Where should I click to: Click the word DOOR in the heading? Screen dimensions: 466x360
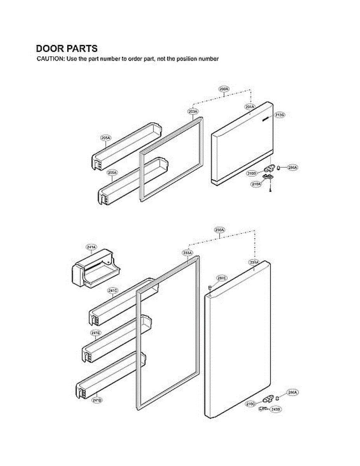click(x=50, y=49)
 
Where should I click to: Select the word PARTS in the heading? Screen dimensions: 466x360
click(x=82, y=49)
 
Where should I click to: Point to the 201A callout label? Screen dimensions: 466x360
click(x=250, y=106)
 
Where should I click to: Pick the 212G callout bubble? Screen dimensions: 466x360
click(x=280, y=115)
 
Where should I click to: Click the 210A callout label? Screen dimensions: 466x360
click(x=256, y=184)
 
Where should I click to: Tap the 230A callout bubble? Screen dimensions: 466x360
click(x=219, y=230)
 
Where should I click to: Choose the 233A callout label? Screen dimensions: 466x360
click(x=187, y=253)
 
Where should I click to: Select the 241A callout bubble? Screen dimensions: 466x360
click(x=91, y=247)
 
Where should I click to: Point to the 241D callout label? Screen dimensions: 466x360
click(x=97, y=400)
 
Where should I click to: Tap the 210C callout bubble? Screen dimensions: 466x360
click(x=251, y=404)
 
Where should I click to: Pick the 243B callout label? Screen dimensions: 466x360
click(x=276, y=409)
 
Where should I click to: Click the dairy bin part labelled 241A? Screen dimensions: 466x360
click(x=95, y=270)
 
